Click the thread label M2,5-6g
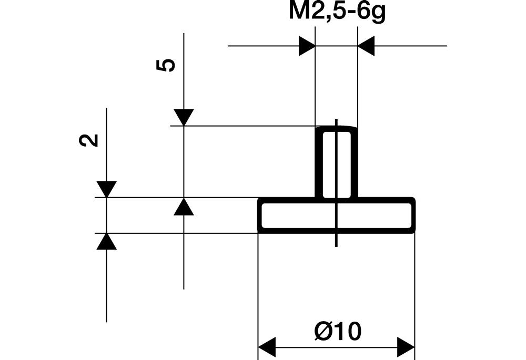[x=337, y=13]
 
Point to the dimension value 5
[x=166, y=65]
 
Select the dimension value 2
[x=90, y=140]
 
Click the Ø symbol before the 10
[x=322, y=332]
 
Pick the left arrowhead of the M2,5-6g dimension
[x=307, y=46]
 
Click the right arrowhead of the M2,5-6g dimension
[x=366, y=46]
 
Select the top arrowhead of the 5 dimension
[x=184, y=117]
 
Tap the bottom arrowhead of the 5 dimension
[x=184, y=207]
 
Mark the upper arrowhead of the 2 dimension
[x=106, y=189]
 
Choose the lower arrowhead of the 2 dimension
[x=106, y=241]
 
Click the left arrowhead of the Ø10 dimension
[x=267, y=346]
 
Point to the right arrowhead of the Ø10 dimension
[x=406, y=346]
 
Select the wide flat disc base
[x=295, y=215]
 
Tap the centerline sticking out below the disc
[x=336, y=240]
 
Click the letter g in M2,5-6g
[x=377, y=14]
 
